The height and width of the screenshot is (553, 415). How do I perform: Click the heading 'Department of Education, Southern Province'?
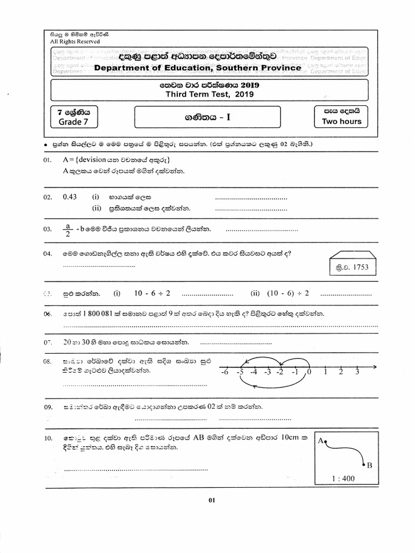pos(197,68)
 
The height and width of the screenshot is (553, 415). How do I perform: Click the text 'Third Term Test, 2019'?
pos(210,94)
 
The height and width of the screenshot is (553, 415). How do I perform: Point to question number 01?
pos(48,160)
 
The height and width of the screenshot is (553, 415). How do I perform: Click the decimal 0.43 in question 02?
pos(70,197)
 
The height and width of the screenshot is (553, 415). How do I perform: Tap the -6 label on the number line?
pos(224,372)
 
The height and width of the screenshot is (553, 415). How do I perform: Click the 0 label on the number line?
pos(309,372)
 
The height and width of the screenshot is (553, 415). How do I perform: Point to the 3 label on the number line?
pos(357,372)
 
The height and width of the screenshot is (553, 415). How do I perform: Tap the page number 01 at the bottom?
pos(212,500)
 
